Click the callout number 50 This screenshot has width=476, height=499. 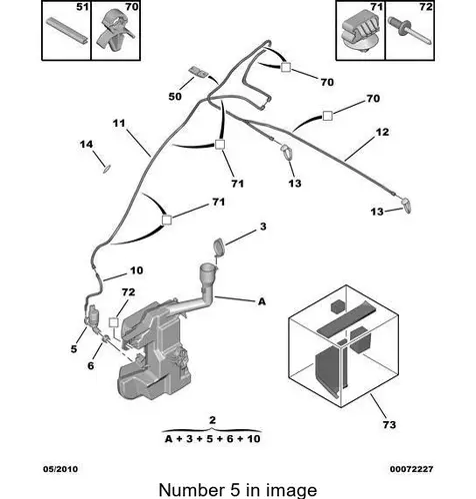175,97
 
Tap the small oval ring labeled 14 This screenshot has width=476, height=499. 107,169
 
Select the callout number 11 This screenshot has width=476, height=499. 119,124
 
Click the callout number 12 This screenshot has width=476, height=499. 382,132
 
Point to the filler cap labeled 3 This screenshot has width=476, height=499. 219,247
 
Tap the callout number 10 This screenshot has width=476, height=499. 136,270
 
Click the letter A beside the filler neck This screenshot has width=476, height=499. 262,301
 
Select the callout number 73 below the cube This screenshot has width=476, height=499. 389,424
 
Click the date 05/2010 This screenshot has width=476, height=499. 60,469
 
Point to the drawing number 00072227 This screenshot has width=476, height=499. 412,469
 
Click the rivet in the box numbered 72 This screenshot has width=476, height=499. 410,31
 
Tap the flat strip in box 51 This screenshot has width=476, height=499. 67,30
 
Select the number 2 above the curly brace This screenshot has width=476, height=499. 213,420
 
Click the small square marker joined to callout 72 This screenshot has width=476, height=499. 114,322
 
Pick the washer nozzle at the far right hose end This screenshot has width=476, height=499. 406,205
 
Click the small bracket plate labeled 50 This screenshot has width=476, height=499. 198,72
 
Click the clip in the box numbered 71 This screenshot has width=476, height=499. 361,32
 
